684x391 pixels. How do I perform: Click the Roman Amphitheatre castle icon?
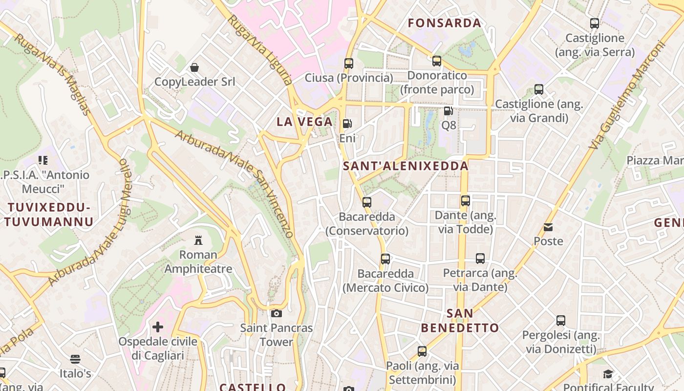click(x=198, y=240)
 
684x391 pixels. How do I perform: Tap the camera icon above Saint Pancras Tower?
click(x=277, y=313)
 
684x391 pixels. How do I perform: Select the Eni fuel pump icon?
click(x=347, y=124)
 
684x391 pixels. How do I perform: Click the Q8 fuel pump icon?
click(x=448, y=110)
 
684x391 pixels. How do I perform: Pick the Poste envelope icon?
click(x=548, y=227)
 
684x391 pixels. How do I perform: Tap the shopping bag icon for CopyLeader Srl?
click(x=194, y=67)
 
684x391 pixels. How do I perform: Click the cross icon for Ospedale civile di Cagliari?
click(x=157, y=326)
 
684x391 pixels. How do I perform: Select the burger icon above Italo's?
click(x=75, y=359)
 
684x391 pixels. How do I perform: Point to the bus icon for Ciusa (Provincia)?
click(x=348, y=63)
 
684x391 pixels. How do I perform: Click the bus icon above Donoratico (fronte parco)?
click(x=437, y=61)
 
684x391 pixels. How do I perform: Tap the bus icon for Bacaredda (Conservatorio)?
click(x=366, y=202)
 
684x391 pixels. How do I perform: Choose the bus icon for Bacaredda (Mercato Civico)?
click(x=385, y=259)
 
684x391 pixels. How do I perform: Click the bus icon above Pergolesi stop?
click(x=561, y=321)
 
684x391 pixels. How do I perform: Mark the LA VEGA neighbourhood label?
click(x=304, y=122)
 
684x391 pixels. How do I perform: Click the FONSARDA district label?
click(x=445, y=23)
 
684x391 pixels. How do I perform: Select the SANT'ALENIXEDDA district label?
click(x=406, y=166)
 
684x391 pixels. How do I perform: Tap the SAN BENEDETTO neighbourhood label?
click(x=460, y=321)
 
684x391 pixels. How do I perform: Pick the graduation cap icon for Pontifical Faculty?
click(x=608, y=374)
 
